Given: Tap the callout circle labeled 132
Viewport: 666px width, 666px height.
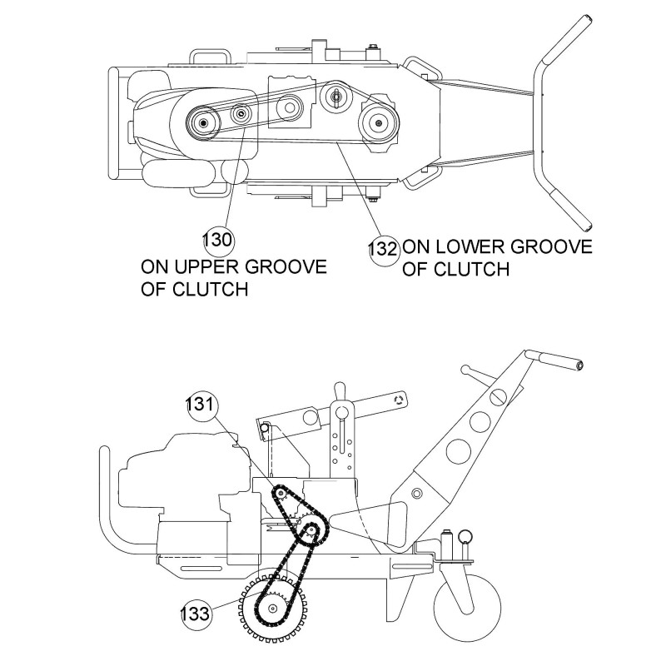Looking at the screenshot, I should (x=384, y=248).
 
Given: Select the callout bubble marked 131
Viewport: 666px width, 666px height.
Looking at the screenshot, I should (x=201, y=405).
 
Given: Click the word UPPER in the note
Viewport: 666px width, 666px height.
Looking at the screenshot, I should (x=216, y=268).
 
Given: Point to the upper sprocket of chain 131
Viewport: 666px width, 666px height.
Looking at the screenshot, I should (x=281, y=495).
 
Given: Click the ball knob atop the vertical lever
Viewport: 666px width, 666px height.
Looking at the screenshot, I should (x=339, y=389).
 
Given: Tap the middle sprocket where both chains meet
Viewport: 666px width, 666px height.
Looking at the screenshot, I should (x=311, y=529).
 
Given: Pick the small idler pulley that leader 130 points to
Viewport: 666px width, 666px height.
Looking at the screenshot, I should (x=241, y=115).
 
